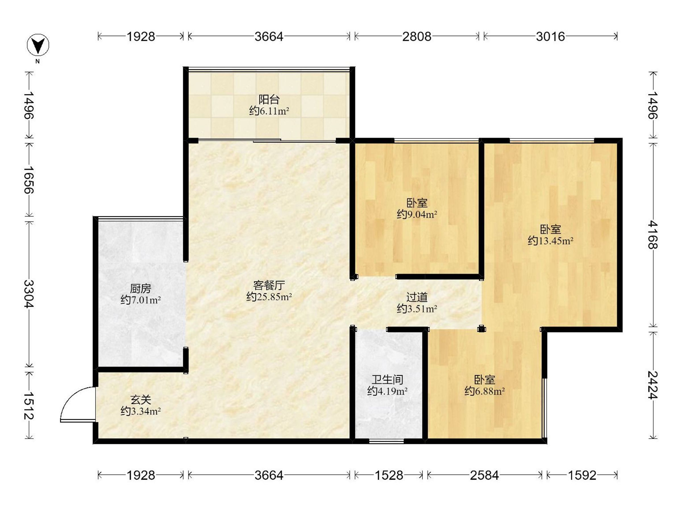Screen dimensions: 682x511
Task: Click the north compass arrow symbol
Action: (38, 45)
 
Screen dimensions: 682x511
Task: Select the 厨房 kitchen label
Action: (141, 289)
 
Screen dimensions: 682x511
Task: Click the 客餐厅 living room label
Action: (269, 286)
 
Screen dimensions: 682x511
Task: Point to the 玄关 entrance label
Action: (141, 400)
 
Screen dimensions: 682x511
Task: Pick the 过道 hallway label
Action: (417, 297)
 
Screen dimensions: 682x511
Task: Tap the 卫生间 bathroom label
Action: (387, 380)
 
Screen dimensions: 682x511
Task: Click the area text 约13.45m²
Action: (550, 241)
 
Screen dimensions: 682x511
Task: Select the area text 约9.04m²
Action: (417, 214)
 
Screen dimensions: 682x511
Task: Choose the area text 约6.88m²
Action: (485, 391)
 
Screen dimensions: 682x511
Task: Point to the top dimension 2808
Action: (417, 37)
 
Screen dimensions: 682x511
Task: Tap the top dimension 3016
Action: (550, 37)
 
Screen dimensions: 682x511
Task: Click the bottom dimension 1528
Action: (389, 476)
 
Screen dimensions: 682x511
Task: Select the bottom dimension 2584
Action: (485, 476)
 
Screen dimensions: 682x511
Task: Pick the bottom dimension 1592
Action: (582, 476)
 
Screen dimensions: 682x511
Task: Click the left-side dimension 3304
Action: (29, 294)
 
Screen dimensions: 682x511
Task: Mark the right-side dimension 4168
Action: (653, 235)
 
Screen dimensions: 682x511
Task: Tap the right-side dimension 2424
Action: (653, 385)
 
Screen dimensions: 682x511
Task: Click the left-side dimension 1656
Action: (29, 180)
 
